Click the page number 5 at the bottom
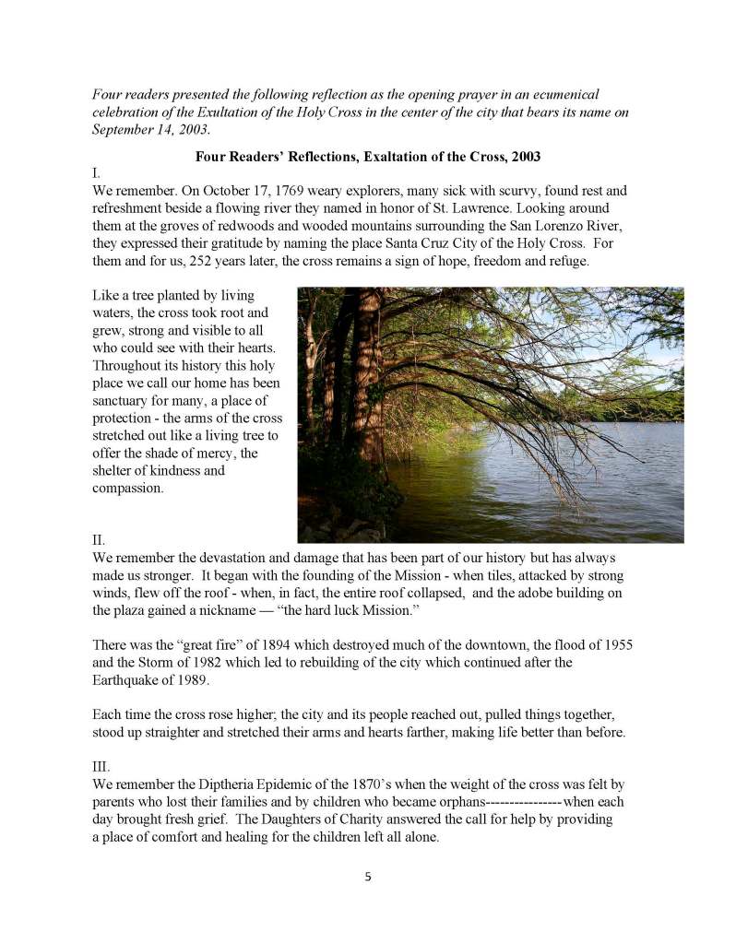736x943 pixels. (368, 877)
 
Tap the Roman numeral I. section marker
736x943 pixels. (97, 172)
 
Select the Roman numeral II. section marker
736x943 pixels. (99, 540)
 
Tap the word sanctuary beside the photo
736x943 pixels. (125, 400)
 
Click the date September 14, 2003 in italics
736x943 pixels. (150, 129)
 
